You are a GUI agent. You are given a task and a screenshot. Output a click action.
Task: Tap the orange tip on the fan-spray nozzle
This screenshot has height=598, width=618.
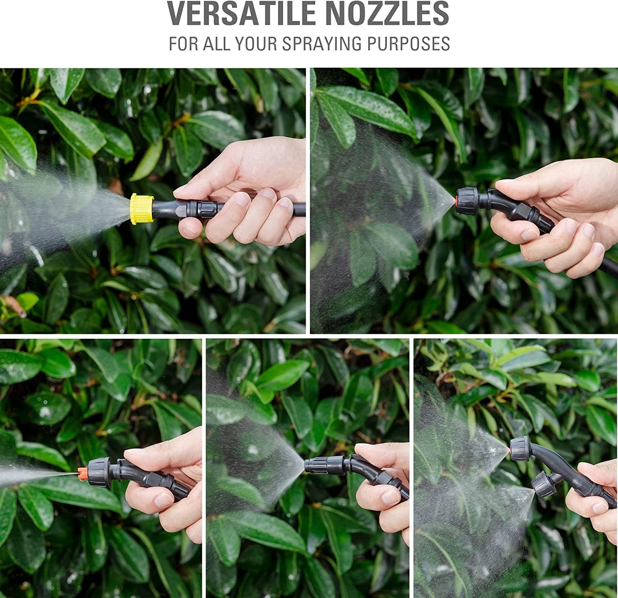(x=456, y=201)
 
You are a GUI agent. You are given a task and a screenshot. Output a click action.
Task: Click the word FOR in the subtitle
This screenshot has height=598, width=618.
(x=183, y=44)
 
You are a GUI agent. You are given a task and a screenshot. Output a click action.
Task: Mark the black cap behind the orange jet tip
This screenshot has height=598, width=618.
(x=100, y=473)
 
